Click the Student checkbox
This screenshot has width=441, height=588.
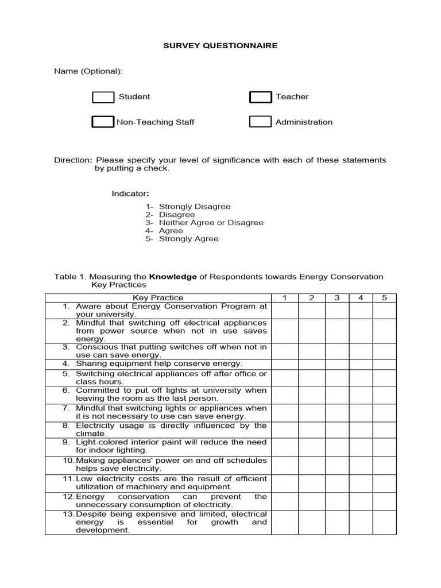coord(103,97)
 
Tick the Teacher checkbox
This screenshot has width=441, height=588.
coord(260,97)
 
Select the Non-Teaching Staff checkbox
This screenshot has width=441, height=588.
coord(103,122)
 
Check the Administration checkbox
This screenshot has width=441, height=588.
coord(260,122)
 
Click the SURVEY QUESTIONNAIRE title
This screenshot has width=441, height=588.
coord(220,45)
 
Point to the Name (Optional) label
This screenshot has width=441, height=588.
coord(88,71)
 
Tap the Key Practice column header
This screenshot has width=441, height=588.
coord(158,297)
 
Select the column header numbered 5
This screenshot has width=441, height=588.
coord(384,297)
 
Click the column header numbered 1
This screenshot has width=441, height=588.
coord(285,297)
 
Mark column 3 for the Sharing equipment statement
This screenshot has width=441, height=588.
coord(337,364)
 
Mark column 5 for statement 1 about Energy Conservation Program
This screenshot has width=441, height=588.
coord(384,310)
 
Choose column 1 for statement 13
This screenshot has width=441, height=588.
coord(285,522)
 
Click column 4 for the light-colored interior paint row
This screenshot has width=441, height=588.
coord(361,447)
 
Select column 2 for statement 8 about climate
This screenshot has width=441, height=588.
coord(312,430)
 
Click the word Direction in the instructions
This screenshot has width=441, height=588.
coord(72,160)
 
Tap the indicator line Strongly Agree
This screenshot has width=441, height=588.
coord(188,239)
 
